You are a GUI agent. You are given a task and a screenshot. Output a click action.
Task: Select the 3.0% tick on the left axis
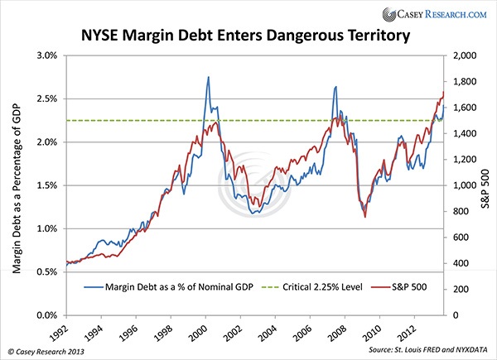pos(44,55)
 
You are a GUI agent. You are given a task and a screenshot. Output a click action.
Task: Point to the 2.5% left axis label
pos(44,98)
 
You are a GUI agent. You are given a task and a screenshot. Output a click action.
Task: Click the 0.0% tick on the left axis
pos(44,315)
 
